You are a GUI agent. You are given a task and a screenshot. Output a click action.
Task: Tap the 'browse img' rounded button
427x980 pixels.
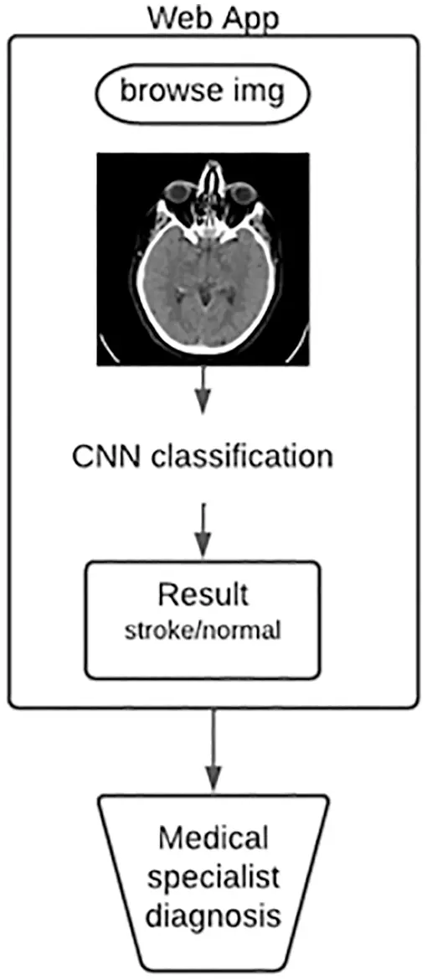point(202,91)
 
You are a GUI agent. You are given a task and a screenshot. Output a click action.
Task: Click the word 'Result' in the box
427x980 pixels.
point(203,594)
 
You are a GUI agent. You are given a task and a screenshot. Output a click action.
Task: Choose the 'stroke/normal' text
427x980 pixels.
point(203,630)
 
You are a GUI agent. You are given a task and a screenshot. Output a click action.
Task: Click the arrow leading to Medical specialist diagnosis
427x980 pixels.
point(213,746)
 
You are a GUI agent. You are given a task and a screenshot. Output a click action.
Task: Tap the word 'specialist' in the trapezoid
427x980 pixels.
point(213,878)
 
